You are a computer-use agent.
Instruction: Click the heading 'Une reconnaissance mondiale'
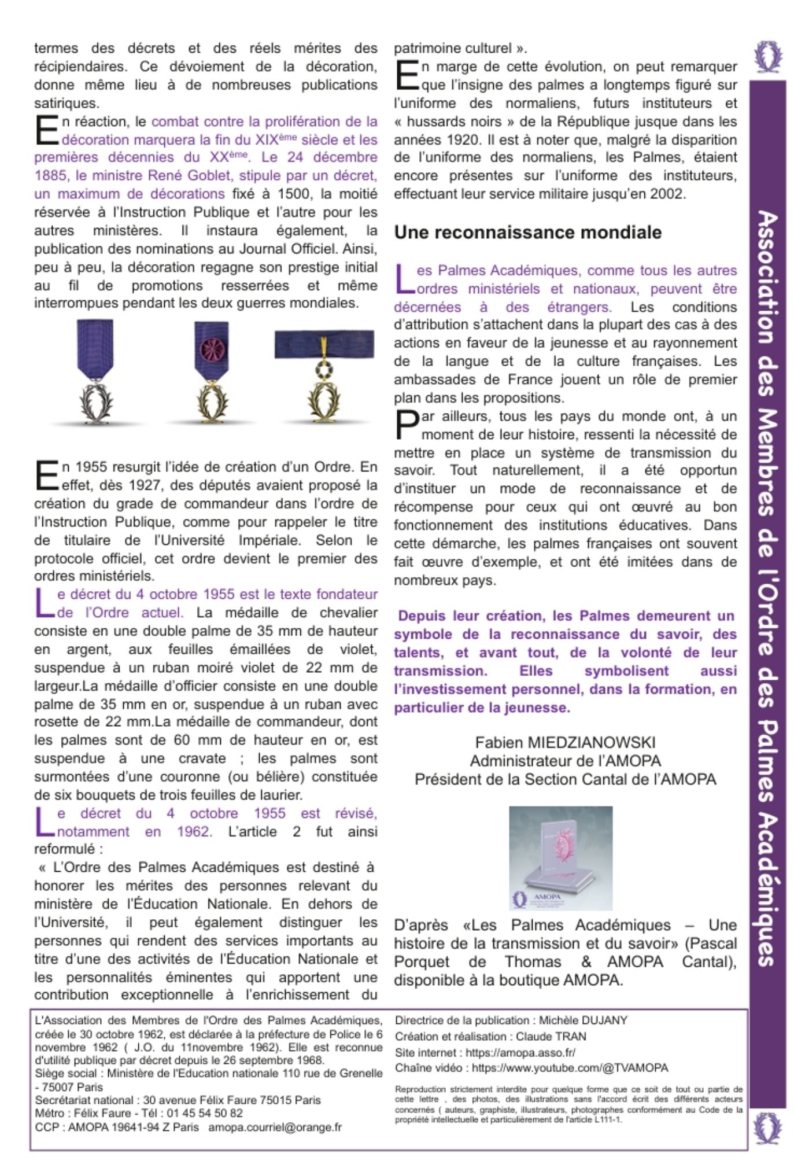[527, 233]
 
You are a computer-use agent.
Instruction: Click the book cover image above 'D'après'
[560, 858]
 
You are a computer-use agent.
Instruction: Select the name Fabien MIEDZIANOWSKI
[565, 743]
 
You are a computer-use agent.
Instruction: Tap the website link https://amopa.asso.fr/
[520, 1052]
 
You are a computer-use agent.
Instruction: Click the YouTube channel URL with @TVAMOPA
[570, 1068]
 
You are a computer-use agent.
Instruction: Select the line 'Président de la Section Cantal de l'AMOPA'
[565, 780]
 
